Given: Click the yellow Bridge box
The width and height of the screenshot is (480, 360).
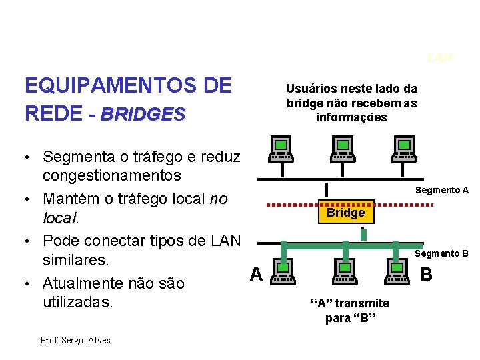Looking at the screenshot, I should point(345,213).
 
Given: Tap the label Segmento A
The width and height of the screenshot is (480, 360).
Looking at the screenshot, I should point(442,190).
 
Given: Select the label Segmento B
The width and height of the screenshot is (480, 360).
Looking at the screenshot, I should point(442,253).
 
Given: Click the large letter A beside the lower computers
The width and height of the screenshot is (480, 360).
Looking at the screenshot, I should point(256,273).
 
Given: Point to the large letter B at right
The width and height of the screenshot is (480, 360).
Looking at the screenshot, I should point(427,274).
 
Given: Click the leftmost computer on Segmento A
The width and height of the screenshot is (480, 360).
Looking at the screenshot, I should point(281,149).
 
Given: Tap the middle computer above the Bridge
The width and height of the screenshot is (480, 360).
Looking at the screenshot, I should point(343,149).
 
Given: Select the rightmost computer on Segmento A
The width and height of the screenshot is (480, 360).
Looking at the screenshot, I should point(404,149).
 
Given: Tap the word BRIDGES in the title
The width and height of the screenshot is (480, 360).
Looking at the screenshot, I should point(142,114).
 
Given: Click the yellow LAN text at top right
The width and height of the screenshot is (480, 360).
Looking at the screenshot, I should point(440,58).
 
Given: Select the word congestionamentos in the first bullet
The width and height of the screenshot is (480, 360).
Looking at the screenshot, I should point(111,175).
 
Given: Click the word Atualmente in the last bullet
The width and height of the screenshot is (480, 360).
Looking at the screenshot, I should point(85,283).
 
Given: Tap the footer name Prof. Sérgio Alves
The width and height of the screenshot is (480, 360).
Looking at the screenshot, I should point(75,340).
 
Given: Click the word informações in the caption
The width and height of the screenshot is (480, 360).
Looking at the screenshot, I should point(351,117).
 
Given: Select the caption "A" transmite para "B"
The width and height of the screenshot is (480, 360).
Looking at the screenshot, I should point(351,310).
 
